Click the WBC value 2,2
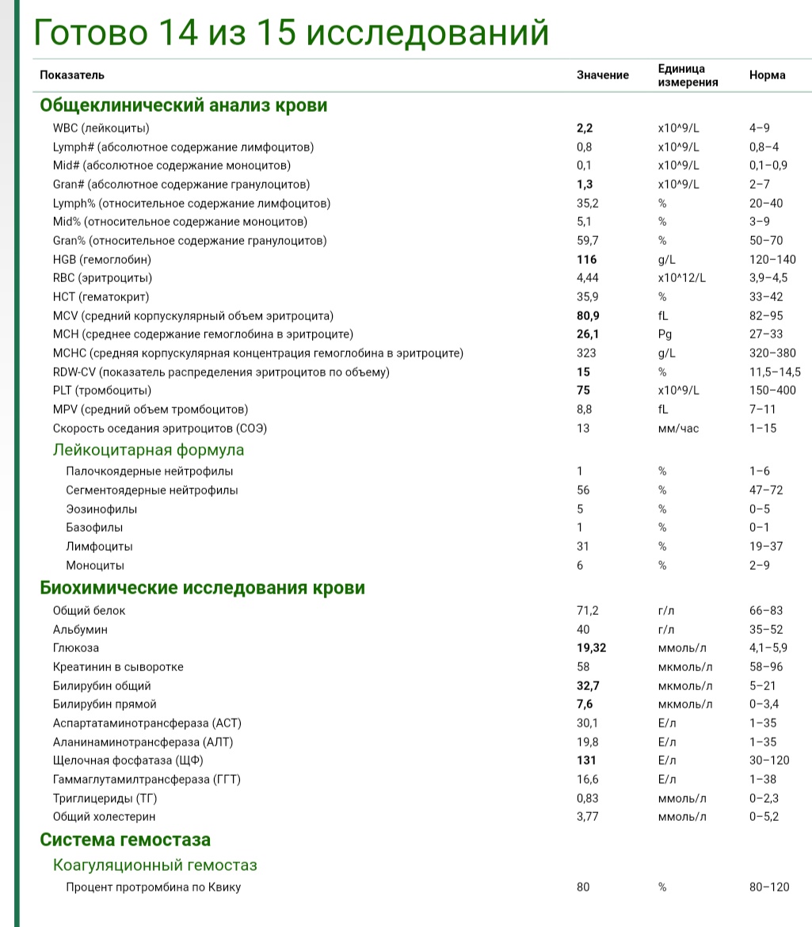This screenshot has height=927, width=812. click(585, 128)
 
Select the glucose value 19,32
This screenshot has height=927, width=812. click(592, 648)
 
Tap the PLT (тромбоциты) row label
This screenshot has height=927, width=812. click(101, 391)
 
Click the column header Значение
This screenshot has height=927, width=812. click(602, 75)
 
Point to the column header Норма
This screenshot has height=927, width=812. click(767, 75)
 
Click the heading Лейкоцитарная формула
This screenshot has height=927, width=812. click(148, 450)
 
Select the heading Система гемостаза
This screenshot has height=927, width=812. click(125, 840)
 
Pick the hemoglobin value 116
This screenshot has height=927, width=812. click(586, 259)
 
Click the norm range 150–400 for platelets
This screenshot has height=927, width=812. click(772, 391)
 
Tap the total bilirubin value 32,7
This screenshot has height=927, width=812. click(588, 686)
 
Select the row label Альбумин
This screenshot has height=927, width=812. click(80, 629)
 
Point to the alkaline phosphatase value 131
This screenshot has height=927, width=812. click(586, 761)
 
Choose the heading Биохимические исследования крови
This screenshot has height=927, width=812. click(202, 588)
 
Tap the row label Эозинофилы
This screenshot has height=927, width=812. click(101, 509)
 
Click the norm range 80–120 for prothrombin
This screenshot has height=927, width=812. click(768, 887)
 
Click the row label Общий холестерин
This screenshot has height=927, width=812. click(104, 817)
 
